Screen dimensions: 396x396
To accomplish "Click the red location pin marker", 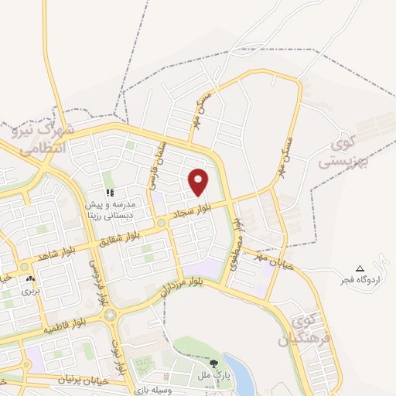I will [199, 182].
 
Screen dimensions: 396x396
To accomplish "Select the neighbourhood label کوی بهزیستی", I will [345, 152].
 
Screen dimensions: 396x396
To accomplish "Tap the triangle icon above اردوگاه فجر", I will [358, 268].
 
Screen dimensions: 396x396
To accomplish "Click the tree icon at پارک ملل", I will [213, 361].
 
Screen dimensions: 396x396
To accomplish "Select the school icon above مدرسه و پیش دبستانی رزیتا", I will [110, 191].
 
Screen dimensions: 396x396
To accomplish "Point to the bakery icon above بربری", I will [30, 279].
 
